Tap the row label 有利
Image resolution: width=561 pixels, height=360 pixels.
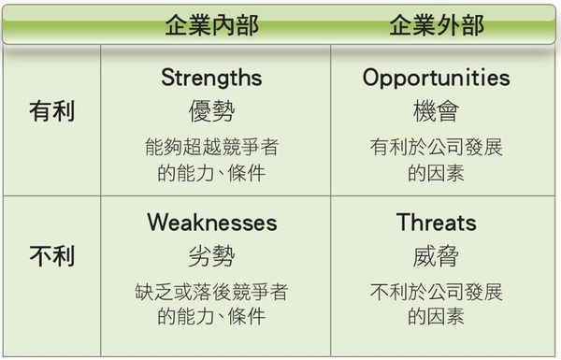click(x=51, y=111)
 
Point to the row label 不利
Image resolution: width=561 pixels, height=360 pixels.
click(x=51, y=255)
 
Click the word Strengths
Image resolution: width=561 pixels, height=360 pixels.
click(x=211, y=77)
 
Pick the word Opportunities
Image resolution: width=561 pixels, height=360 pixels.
click(x=437, y=77)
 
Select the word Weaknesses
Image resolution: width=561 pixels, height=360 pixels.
click(x=211, y=223)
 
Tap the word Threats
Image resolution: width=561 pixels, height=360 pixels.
click(x=437, y=223)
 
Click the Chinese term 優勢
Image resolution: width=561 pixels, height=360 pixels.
click(x=211, y=112)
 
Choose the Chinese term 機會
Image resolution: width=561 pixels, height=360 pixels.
click(x=437, y=112)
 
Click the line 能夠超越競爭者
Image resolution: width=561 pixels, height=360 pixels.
click(x=211, y=147)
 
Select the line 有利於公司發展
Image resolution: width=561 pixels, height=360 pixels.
click(x=437, y=147)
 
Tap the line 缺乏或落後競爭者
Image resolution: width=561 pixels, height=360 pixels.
click(x=211, y=292)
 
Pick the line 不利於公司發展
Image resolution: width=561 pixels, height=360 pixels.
click(x=437, y=292)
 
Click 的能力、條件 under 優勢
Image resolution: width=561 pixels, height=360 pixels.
click(x=211, y=172)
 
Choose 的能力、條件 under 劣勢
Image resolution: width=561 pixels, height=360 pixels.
click(x=211, y=317)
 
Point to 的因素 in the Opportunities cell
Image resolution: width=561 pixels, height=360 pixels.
click(x=437, y=172)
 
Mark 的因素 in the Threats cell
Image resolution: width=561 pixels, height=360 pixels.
click(x=437, y=317)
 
